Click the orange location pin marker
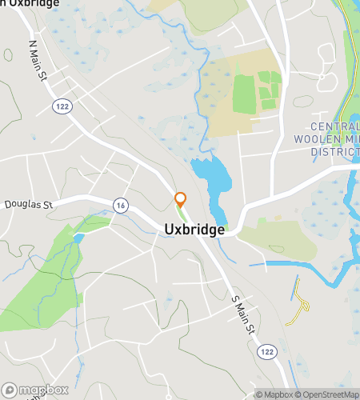[x=181, y=200]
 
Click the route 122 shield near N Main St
[x=59, y=106]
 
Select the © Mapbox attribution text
[x=275, y=394]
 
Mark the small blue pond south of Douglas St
[x=78, y=238]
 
